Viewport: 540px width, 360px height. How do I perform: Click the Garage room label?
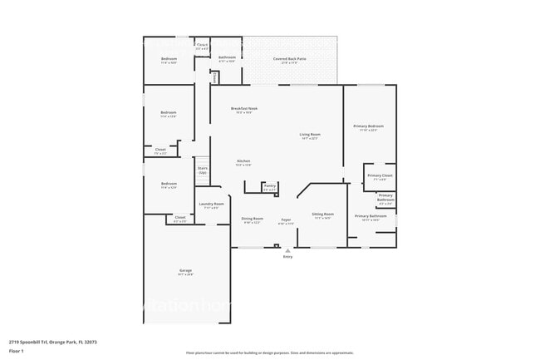[x=186, y=271]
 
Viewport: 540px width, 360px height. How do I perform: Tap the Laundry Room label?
[x=212, y=205]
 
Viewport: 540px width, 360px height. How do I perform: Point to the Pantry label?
[x=269, y=188]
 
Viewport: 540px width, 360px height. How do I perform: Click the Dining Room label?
[x=252, y=219]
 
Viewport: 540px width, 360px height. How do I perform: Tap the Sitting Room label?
[x=322, y=215]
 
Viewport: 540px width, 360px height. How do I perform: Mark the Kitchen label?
[x=243, y=161]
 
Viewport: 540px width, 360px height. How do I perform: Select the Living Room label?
[x=310, y=136]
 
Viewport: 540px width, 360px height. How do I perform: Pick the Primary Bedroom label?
[x=368, y=126]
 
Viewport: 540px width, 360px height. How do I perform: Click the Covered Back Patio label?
[x=290, y=59]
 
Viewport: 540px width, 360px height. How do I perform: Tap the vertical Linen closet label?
[x=214, y=76]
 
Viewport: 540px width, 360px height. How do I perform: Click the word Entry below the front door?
[x=288, y=257]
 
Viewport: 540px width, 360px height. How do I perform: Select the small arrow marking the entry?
[x=288, y=250]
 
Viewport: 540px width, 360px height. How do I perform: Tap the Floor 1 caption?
[x=17, y=352]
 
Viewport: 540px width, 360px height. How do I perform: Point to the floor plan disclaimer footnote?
[x=263, y=353]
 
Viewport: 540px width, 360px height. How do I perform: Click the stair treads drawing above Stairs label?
[x=202, y=161]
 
